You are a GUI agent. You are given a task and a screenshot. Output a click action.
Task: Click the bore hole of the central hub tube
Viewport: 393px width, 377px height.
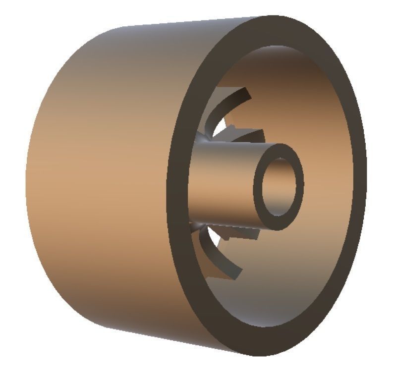pyautogui.click(x=281, y=187)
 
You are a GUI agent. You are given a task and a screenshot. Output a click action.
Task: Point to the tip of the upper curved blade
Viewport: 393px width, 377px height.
pyautogui.click(x=246, y=91)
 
